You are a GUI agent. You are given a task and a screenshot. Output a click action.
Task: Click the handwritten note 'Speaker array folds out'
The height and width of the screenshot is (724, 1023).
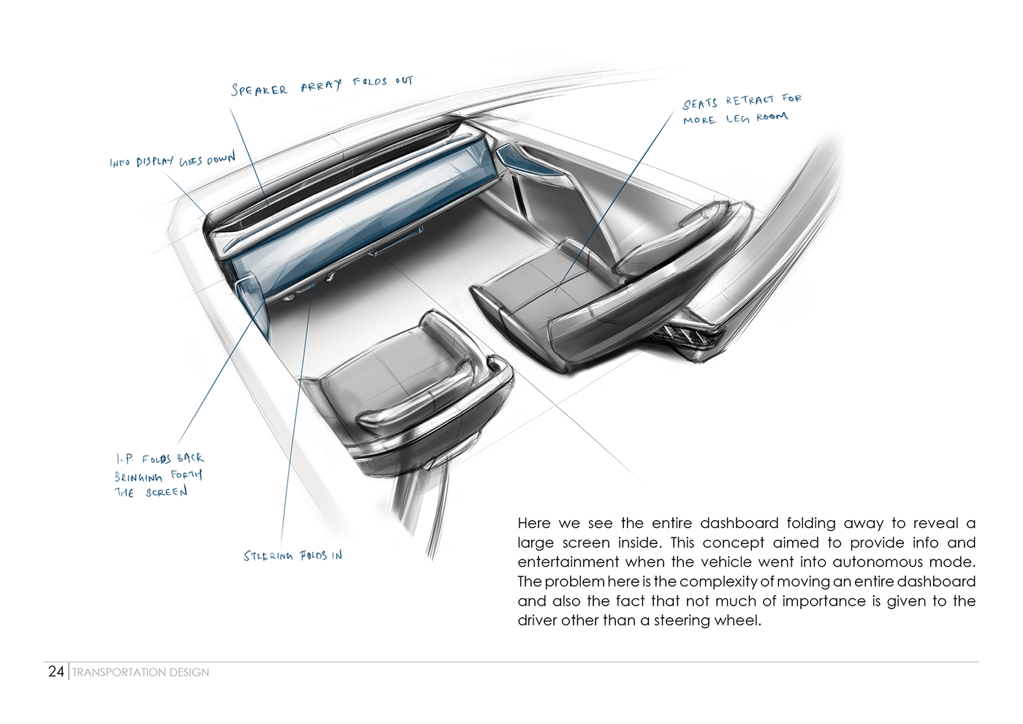click(322, 86)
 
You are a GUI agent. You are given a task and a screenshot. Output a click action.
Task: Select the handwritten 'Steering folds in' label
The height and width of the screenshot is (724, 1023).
click(292, 556)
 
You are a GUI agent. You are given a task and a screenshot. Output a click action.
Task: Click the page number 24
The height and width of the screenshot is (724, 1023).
click(56, 671)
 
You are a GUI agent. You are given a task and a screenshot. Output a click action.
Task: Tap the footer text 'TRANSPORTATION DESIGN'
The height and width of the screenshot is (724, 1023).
click(140, 672)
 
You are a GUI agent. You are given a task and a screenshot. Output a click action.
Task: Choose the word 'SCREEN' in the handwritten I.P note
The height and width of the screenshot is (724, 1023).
click(167, 493)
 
